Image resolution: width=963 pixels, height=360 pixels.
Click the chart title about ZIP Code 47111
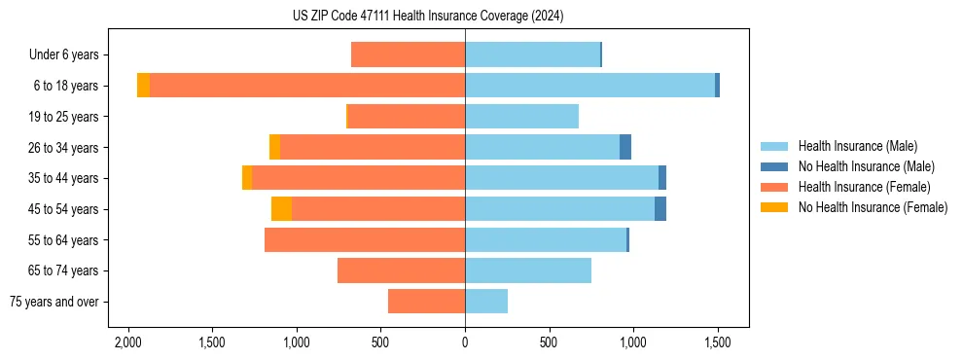pyautogui.click(x=427, y=16)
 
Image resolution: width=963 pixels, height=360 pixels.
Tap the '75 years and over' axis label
pyautogui.click(x=55, y=302)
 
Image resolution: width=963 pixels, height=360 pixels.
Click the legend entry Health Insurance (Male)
pyautogui.click(x=855, y=146)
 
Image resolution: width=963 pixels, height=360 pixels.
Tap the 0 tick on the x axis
pyautogui.click(x=465, y=343)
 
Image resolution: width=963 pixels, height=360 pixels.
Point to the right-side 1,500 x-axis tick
pyautogui.click(x=718, y=343)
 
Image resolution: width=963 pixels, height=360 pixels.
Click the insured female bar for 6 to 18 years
pyautogui.click(x=306, y=86)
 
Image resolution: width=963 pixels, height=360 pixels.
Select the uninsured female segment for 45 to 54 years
pyautogui.click(x=281, y=209)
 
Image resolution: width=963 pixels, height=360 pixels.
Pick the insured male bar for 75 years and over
pyautogui.click(x=486, y=302)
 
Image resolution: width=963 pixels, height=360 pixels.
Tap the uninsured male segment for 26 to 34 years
pyautogui.click(x=625, y=147)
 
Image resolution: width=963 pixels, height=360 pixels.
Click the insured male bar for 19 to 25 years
pyautogui.click(x=521, y=117)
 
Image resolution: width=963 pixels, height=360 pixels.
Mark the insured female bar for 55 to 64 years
pyautogui.click(x=365, y=239)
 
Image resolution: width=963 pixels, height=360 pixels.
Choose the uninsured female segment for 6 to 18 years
pyautogui.click(x=143, y=86)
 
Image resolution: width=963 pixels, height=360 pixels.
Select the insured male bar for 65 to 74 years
pyautogui.click(x=528, y=270)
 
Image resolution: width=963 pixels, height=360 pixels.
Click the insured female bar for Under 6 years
pyautogui.click(x=409, y=55)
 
